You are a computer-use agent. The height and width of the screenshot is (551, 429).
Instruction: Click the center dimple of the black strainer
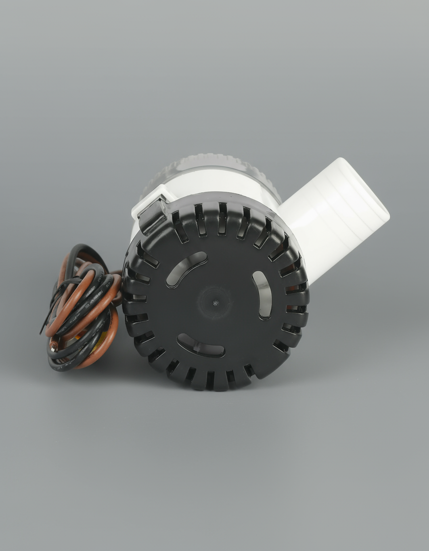click(x=215, y=303)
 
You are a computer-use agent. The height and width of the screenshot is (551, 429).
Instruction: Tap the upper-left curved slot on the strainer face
click(x=186, y=269)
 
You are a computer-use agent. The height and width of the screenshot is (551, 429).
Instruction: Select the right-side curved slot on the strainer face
click(x=262, y=295)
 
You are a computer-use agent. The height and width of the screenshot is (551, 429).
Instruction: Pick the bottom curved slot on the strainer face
click(x=201, y=346)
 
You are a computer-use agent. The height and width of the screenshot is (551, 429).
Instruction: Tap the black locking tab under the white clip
click(x=152, y=218)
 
